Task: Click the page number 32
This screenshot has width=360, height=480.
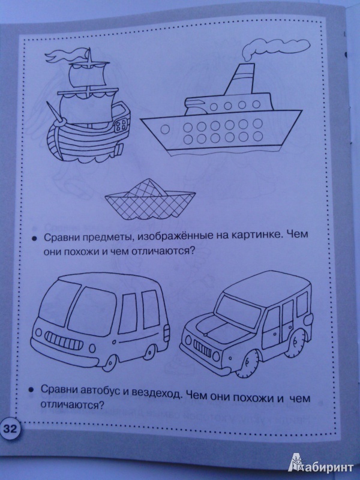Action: [x=10, y=429]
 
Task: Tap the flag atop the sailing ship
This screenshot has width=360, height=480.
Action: [x=64, y=56]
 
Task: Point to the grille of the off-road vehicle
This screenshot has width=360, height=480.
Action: [x=202, y=348]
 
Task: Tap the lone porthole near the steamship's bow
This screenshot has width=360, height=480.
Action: [x=166, y=129]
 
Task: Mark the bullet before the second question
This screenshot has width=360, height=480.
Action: [x=31, y=390]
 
